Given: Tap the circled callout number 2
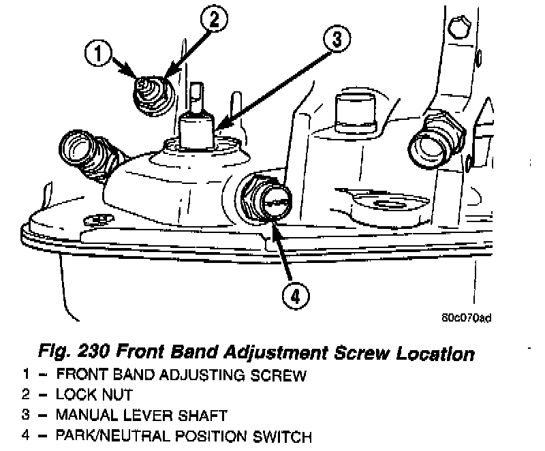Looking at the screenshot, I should (x=213, y=20).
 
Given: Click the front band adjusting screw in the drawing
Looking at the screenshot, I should (x=146, y=87).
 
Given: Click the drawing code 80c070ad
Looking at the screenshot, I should (x=467, y=317).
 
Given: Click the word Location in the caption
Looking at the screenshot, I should (x=433, y=354).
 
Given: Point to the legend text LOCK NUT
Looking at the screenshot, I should (x=95, y=394).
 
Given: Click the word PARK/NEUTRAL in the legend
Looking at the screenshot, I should (x=106, y=436).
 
